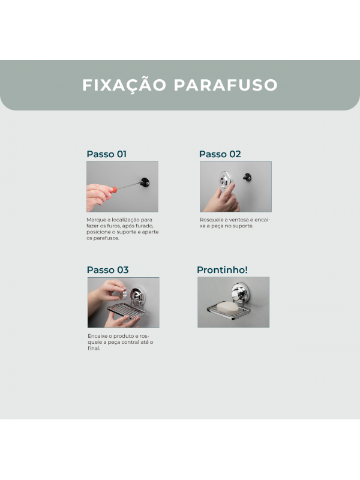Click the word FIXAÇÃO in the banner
(x=124, y=84)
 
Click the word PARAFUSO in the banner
(x=226, y=85)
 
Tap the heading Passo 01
(x=107, y=154)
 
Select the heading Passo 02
(x=220, y=154)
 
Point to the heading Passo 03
(x=107, y=269)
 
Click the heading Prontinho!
(x=222, y=269)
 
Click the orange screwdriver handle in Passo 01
(x=113, y=190)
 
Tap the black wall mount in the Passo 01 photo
(x=145, y=182)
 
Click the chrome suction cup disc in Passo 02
(x=226, y=181)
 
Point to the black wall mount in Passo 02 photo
(x=247, y=177)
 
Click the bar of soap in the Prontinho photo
(x=227, y=308)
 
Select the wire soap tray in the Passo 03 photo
(x=127, y=310)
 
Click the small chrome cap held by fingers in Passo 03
(x=123, y=294)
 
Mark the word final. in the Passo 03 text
(x=94, y=348)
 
